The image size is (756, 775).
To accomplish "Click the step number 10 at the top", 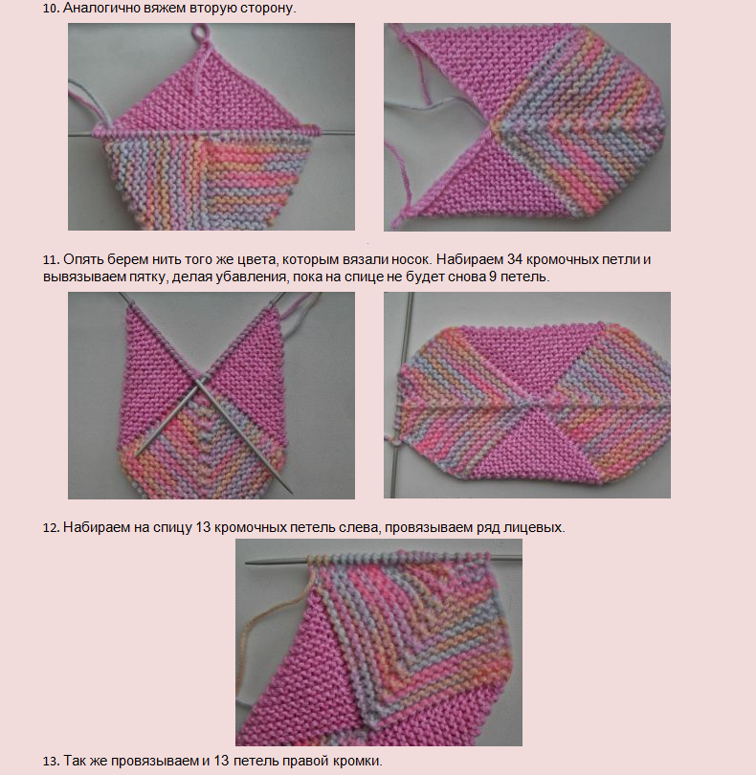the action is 51,8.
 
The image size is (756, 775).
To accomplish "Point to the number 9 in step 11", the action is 493,277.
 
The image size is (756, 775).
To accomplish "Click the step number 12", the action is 51,527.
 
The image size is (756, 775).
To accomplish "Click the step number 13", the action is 51,762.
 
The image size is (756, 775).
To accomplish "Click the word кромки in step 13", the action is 355,762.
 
